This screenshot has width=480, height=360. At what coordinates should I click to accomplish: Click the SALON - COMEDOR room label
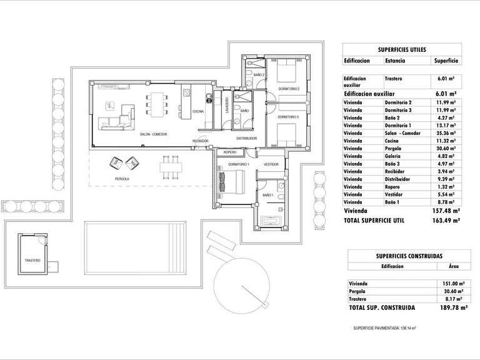pos(152,134)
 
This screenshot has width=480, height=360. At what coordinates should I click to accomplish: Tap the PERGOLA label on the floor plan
pos(122,179)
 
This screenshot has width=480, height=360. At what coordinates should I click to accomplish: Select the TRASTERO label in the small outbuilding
pos(32,260)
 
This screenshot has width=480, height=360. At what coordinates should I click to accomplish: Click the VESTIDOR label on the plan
pos(271,164)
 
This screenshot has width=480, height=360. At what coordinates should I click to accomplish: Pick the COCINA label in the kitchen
pos(198,111)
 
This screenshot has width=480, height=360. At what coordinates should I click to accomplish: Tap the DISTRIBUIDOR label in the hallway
pos(247,138)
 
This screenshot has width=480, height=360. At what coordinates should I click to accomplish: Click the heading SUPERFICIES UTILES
pos(401,49)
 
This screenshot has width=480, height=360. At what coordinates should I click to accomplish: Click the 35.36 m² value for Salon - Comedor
pos(446,133)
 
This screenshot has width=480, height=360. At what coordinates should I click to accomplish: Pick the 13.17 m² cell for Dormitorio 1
pos(446,125)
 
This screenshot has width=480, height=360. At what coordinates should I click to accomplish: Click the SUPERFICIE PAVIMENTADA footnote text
pos(384,327)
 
